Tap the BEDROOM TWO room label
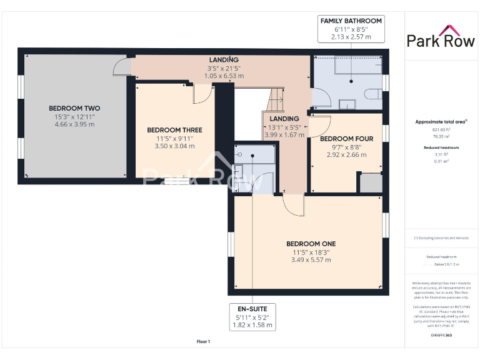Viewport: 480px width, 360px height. (74, 108)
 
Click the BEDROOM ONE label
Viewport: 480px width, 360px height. (311, 244)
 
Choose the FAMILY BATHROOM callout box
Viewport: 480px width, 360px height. (351, 29)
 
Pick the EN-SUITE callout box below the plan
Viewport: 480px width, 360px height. (251, 317)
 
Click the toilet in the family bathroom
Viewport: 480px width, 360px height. (373, 94)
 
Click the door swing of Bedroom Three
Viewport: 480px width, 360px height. (202, 94)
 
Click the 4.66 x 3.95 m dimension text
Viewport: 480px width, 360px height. (74, 124)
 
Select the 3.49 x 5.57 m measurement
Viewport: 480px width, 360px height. (311, 260)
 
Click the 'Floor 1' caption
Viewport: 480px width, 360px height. (203, 342)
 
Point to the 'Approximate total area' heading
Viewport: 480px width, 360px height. (441, 122)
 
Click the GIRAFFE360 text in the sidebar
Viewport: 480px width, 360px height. (441, 336)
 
